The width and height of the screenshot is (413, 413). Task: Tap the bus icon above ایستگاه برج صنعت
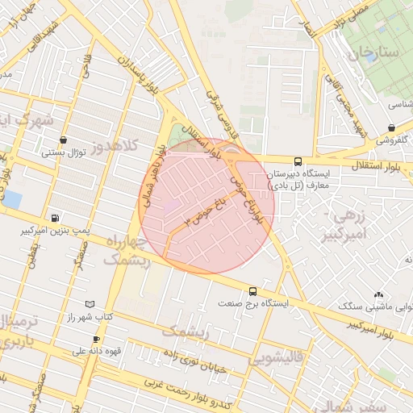[x=253, y=291]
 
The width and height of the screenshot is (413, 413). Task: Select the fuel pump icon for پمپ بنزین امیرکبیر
[x=54, y=218]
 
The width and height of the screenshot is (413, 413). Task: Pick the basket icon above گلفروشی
[x=391, y=127]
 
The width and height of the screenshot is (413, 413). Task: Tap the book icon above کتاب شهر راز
[x=90, y=304]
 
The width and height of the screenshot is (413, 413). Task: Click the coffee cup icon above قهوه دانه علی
[x=96, y=340]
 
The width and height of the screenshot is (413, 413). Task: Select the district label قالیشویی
[x=278, y=355]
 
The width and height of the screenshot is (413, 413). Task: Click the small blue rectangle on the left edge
[x=12, y=199]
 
